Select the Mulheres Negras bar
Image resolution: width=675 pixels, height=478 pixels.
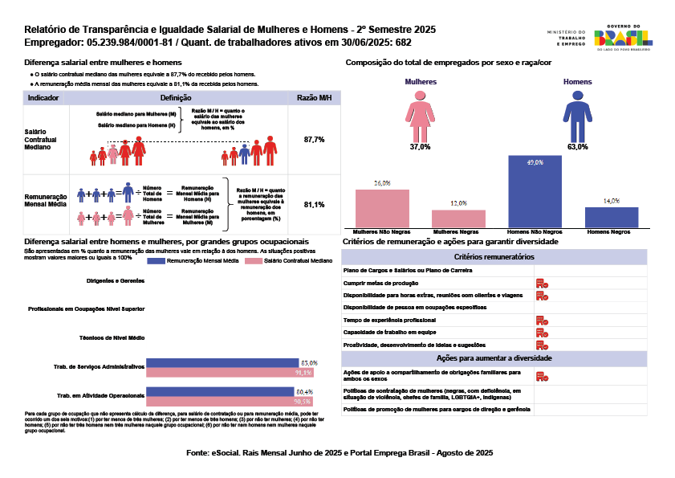[458, 219]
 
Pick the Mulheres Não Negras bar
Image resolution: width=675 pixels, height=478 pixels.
[382, 209]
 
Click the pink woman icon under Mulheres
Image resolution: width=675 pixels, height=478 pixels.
[420, 116]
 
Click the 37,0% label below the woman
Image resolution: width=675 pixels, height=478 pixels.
[420, 147]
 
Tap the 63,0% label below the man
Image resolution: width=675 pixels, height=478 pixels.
[577, 147]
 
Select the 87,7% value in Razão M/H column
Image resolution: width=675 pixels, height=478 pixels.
[314, 140]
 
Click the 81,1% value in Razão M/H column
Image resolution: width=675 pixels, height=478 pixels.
[314, 205]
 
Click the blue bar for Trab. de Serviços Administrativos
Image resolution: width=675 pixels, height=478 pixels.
[222, 363]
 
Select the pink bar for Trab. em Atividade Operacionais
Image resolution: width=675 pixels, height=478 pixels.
[221, 401]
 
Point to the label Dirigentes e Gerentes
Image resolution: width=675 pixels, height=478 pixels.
[116, 281]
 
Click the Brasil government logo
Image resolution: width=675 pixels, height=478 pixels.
[624, 37]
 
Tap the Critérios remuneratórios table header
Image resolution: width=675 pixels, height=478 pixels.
[494, 256]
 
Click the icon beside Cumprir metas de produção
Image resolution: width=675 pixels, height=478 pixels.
[542, 283]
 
